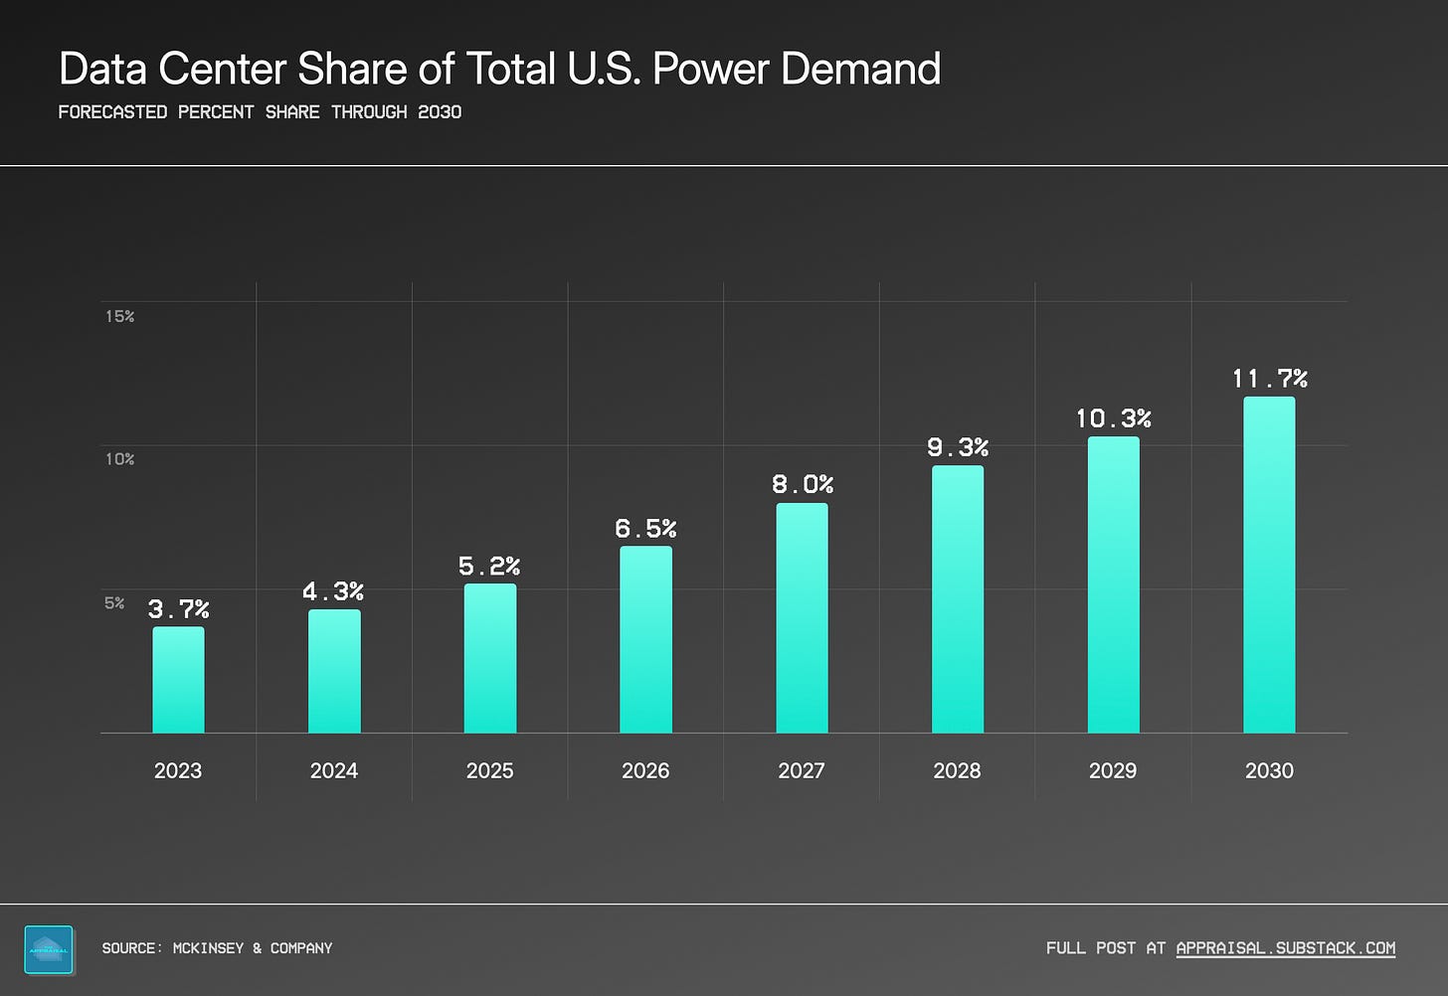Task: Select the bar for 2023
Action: (x=178, y=680)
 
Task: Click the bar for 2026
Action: (x=645, y=639)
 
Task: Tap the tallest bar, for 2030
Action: (x=1269, y=565)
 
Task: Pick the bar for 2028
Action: (x=958, y=598)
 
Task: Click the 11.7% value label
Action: (x=1270, y=379)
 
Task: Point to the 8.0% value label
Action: (x=803, y=484)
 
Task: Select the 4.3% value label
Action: (x=333, y=591)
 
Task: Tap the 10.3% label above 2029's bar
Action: (x=1113, y=418)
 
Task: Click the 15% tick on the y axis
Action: (x=119, y=316)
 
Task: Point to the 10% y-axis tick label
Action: (x=119, y=458)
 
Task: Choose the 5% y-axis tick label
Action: (x=114, y=602)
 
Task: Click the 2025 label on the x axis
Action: (x=489, y=770)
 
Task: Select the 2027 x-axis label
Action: (x=801, y=770)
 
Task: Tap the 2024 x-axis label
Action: (x=333, y=770)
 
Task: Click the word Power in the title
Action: (x=709, y=69)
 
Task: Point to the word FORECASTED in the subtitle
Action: (x=112, y=111)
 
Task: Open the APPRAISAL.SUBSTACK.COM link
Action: (x=1285, y=947)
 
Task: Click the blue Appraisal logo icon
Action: (x=49, y=949)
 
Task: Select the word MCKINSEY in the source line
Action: (x=208, y=947)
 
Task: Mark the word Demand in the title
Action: (x=860, y=69)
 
